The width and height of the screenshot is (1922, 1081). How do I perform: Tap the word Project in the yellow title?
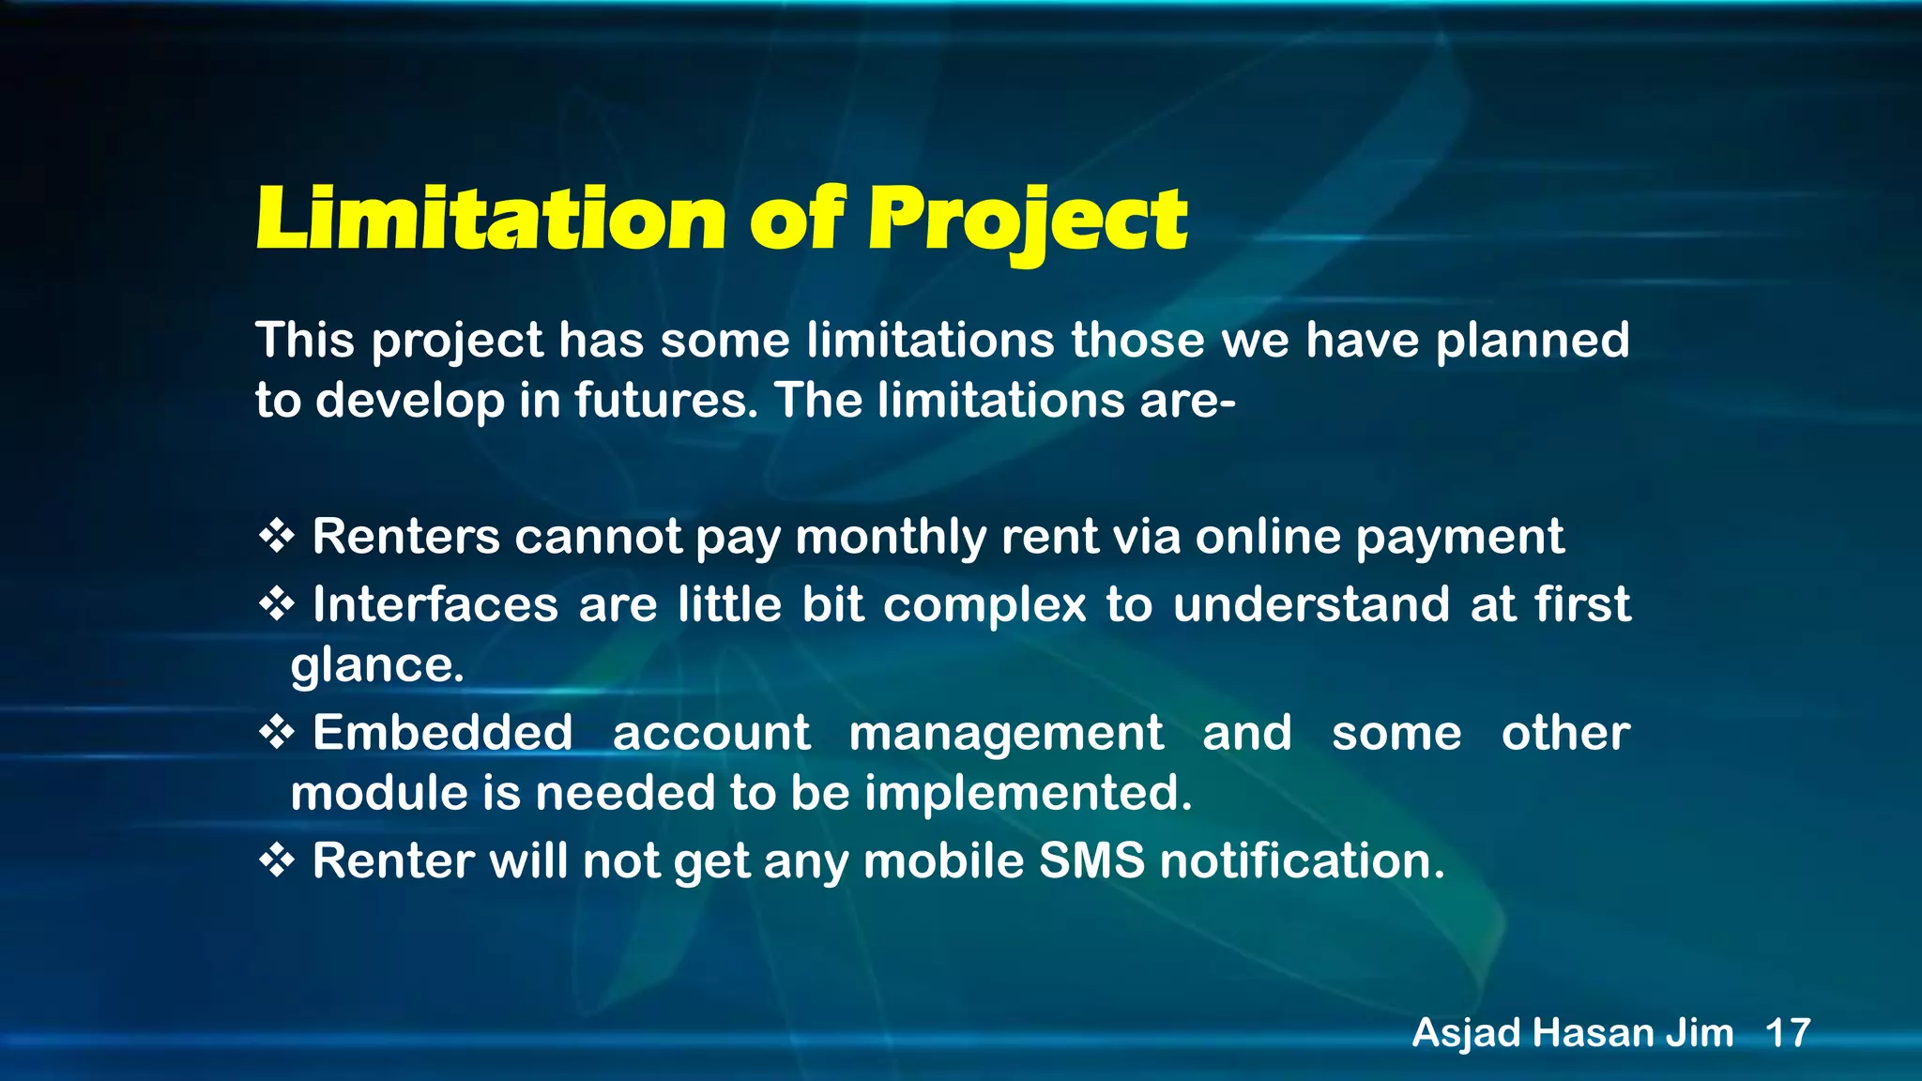1027,221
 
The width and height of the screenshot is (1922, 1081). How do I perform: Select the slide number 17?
1787,1033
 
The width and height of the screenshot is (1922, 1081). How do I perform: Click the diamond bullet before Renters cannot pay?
277,538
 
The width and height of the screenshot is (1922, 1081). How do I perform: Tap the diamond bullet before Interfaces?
277,604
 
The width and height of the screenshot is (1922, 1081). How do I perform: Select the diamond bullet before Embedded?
277,733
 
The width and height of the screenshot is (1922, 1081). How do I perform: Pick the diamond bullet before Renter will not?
277,860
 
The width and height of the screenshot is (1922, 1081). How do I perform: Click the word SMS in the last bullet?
1091,860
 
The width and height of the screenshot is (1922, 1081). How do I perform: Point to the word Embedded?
442,733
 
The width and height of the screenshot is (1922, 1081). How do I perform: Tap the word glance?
377,666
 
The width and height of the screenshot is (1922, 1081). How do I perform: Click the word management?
1005,733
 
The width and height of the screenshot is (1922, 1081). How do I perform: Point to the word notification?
1302,860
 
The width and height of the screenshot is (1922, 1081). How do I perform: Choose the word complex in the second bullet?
984,604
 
